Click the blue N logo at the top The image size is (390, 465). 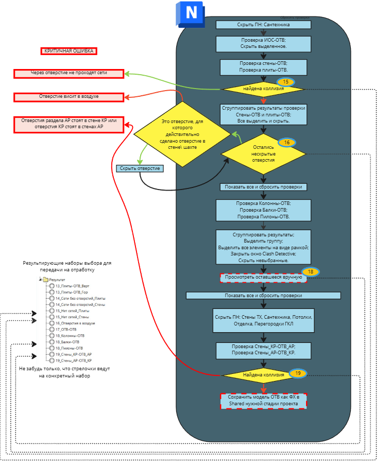point(190,13)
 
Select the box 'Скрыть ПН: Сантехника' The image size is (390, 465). point(263,24)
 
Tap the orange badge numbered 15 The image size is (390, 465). point(285,82)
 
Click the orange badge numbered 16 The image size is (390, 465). point(286,142)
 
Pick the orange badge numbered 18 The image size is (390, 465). point(311,271)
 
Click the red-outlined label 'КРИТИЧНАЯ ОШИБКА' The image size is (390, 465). point(69,51)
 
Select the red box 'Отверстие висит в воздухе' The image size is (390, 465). point(69,97)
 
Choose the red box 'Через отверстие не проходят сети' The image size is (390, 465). point(69,74)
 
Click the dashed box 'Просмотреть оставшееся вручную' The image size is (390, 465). point(263,278)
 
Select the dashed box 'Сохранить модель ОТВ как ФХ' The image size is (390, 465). point(263,401)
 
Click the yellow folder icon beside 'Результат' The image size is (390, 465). point(45,280)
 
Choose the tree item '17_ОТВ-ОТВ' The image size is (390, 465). point(66,329)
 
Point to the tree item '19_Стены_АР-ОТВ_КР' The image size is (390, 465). point(73,360)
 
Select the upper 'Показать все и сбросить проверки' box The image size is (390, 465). point(263,187)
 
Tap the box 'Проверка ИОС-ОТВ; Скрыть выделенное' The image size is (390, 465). point(263,43)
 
